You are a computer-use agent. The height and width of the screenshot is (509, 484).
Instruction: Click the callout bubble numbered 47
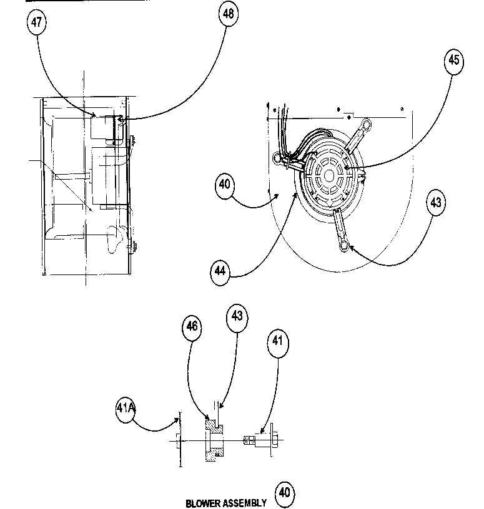pos(37,22)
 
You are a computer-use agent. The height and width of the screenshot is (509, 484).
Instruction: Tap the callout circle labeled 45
pos(454,61)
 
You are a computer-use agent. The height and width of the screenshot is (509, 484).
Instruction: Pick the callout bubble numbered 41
pos(279,341)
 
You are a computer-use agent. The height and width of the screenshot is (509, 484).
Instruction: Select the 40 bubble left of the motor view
pos(225,185)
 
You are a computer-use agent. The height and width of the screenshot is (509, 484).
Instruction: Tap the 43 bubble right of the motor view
pos(435,203)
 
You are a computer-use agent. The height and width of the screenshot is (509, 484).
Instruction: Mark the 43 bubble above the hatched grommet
pos(237,317)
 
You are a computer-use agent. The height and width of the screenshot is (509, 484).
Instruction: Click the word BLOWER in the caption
pos(203,503)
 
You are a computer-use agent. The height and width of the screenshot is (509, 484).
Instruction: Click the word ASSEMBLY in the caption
pos(245,503)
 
